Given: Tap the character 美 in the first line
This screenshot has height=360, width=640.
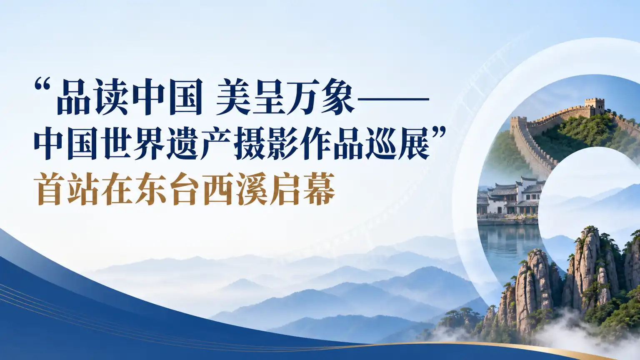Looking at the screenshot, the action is (x=233, y=97).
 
